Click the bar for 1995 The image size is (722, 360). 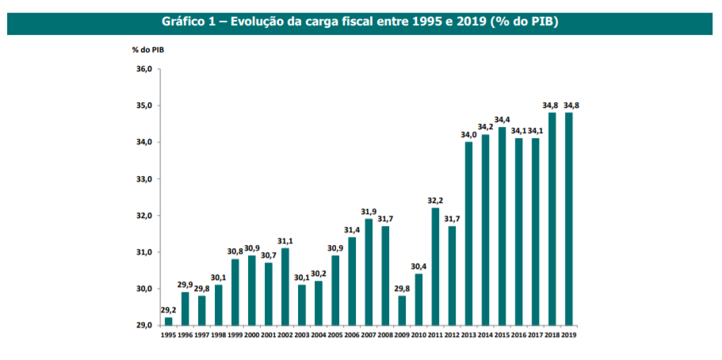(x=168, y=321)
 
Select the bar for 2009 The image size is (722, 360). (x=402, y=310)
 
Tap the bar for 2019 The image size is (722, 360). (x=568, y=219)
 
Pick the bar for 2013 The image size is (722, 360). (x=468, y=233)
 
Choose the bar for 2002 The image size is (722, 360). (x=285, y=286)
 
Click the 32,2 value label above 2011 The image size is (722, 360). (x=435, y=201)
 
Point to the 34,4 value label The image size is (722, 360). (x=502, y=120)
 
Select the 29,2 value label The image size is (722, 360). (x=168, y=310)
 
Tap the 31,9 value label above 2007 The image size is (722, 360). (x=369, y=212)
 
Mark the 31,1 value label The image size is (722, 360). (x=285, y=241)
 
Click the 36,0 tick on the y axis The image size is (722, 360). (x=143, y=69)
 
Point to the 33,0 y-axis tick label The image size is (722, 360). (x=143, y=179)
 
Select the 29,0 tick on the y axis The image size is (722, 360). (x=143, y=326)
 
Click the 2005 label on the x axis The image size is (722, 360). (x=334, y=336)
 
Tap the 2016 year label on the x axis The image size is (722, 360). (x=518, y=336)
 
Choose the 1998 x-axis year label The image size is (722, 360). (x=218, y=336)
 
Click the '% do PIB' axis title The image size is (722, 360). (x=148, y=49)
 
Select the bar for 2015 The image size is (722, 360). (x=502, y=226)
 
